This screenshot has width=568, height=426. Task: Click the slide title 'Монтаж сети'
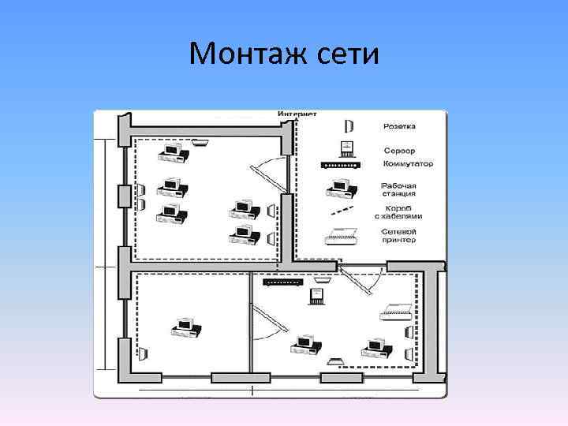pos(284,54)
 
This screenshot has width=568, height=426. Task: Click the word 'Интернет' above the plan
pos(297,114)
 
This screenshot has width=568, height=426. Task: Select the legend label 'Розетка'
pos(400,126)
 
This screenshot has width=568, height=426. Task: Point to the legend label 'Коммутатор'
pos(408,164)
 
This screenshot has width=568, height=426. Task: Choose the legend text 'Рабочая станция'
pos(399,190)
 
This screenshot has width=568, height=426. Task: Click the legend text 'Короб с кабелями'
pos(399,212)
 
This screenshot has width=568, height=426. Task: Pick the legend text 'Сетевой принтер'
pos(399,236)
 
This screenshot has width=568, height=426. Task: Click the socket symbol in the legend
pos(349,126)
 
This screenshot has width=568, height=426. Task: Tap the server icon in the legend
pos(345,148)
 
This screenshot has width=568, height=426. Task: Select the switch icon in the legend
pos(341,165)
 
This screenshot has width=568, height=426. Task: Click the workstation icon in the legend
pos(339,189)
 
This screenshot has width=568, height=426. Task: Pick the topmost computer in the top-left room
pos(173,151)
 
